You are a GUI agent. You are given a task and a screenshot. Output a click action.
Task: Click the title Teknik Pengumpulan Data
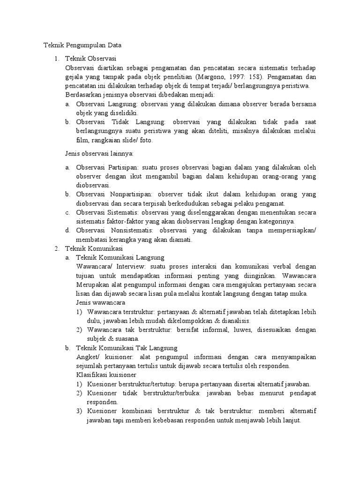(82, 45)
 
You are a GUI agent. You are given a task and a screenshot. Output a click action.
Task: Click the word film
(82, 140)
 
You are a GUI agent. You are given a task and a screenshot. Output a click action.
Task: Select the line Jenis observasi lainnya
(99, 153)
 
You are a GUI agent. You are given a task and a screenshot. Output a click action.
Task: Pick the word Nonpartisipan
(130, 194)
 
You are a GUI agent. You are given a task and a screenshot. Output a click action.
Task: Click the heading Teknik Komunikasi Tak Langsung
(127, 348)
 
